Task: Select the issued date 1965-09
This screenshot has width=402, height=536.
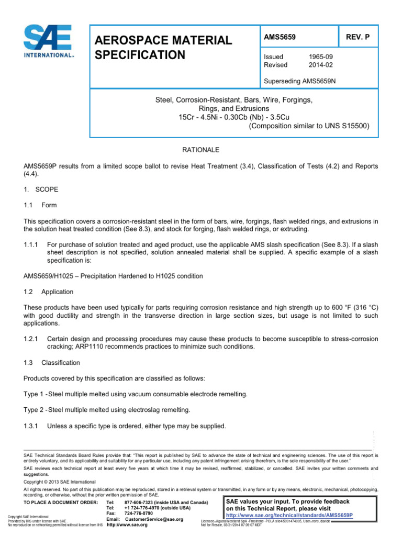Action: click(321, 57)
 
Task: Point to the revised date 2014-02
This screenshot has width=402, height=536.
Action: click(321, 65)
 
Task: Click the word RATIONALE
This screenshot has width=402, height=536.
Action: click(200, 150)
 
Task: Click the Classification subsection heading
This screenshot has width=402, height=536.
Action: click(61, 362)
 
